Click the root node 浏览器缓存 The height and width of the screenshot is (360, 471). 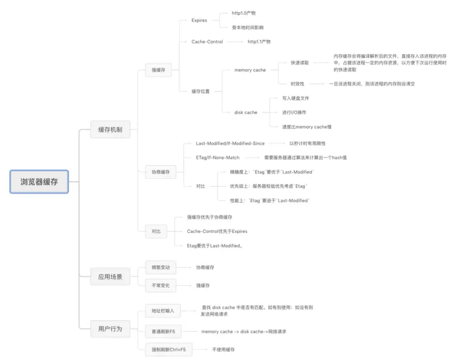tap(39, 182)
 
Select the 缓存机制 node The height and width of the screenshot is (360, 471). tap(110, 129)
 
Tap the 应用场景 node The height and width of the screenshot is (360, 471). tap(110, 276)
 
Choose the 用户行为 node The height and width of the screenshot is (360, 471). tap(110, 328)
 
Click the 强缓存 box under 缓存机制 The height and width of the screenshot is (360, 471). tap(158, 71)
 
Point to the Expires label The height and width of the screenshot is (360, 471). tap(199, 20)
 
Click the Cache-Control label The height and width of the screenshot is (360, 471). tap(207, 42)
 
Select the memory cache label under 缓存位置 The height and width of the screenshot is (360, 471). tap(250, 70)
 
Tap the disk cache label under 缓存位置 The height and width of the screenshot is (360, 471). tap(246, 112)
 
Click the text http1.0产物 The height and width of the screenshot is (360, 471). tap(244, 12)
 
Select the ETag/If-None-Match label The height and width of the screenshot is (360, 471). tap(217, 158)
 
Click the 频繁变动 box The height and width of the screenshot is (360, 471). tap(161, 267)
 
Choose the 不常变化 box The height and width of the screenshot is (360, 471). tap(161, 285)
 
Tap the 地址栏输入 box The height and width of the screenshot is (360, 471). tap(163, 310)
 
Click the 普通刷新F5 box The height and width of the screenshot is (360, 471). tap(163, 331)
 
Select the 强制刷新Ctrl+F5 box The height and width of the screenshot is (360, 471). tap(169, 349)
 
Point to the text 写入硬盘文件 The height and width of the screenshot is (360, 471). tap(296, 98)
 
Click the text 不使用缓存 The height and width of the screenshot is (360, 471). tap(223, 349)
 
